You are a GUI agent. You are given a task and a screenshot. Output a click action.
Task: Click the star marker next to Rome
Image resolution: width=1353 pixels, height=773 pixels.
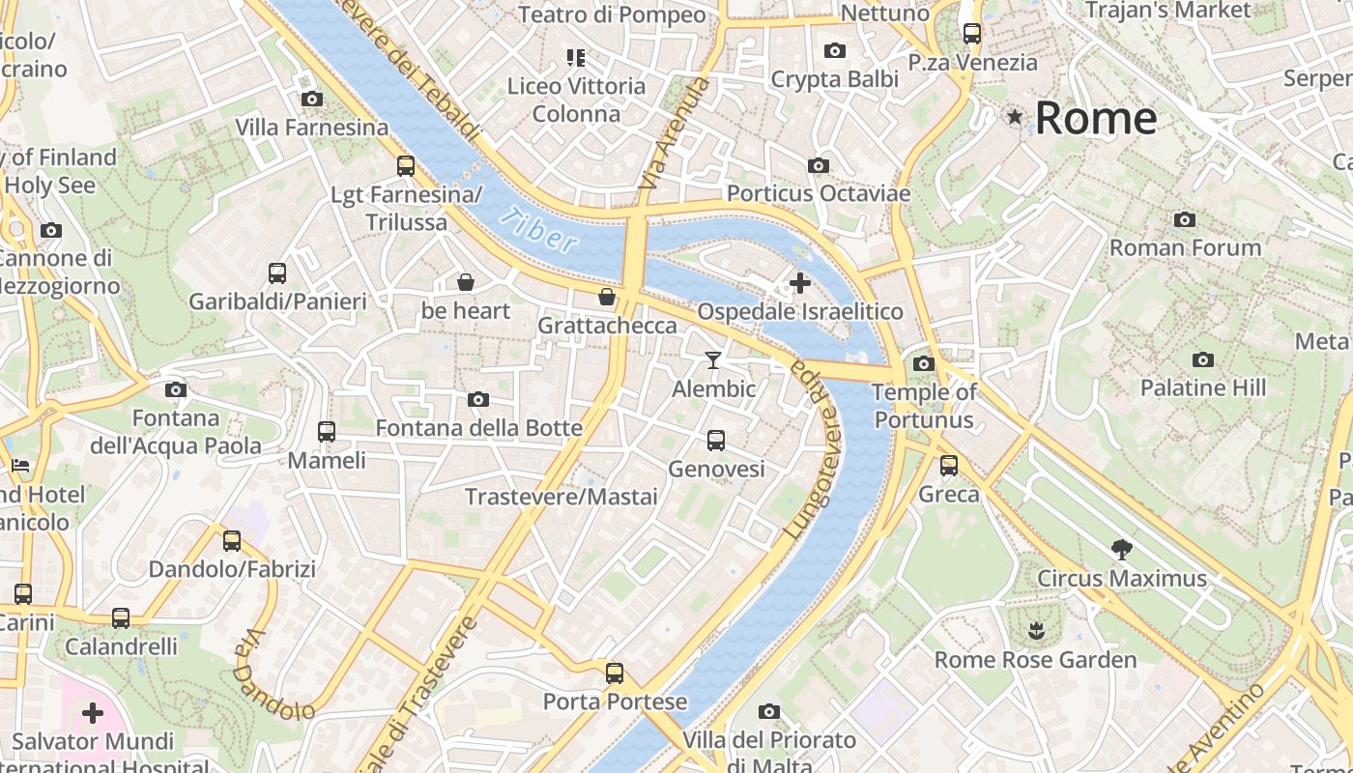point(1015,117)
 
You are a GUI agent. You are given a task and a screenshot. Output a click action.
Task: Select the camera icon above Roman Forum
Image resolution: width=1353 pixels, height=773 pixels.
point(1184,220)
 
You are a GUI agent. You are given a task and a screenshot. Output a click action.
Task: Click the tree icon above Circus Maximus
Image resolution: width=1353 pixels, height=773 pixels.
point(1121,550)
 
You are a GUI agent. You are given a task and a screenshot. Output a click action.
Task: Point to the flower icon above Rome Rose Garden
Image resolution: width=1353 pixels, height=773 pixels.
point(1035,632)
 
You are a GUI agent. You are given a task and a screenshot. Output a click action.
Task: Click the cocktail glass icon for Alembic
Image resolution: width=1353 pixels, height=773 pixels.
point(713,360)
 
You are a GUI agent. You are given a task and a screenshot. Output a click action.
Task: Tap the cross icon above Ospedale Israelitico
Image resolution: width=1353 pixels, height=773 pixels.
point(800,283)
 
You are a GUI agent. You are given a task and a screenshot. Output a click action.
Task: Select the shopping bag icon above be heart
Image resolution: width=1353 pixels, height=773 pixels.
point(466,282)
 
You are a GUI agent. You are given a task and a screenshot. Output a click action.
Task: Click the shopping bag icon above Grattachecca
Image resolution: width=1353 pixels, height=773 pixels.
point(607,297)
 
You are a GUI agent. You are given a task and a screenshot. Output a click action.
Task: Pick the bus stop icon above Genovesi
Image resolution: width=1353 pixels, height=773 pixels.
point(715,441)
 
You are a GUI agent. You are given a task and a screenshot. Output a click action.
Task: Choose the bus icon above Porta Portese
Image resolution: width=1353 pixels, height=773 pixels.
point(615,673)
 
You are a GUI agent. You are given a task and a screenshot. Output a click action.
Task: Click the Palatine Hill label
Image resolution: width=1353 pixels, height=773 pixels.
point(1202,387)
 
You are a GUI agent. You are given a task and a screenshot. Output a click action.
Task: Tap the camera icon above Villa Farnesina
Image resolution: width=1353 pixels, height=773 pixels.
point(311,99)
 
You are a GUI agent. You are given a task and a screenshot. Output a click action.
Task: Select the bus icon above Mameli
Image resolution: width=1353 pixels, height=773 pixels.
point(327,432)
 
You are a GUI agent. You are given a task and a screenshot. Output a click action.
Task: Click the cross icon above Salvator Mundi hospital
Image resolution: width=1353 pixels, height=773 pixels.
point(93,713)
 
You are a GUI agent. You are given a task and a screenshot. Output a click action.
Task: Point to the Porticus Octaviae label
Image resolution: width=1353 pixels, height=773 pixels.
point(818,193)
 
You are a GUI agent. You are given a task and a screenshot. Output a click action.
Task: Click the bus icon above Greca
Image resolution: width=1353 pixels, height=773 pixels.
point(949,466)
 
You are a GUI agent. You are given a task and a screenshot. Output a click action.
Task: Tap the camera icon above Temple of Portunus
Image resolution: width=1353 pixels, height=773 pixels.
point(924,364)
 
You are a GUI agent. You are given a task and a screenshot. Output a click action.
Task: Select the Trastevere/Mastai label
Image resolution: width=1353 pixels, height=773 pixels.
point(561,497)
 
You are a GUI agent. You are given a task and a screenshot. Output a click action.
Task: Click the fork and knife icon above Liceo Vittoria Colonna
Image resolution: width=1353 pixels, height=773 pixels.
point(576,58)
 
